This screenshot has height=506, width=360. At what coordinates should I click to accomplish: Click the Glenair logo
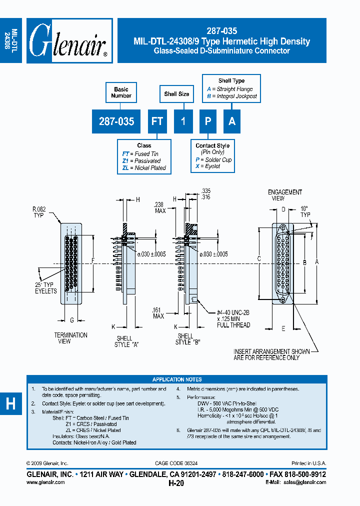(x=69, y=41)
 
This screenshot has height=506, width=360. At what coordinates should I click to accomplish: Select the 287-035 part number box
(x=116, y=121)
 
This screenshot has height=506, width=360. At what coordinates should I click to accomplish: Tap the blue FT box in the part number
(x=157, y=121)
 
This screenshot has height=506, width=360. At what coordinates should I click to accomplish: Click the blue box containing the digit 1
(x=183, y=121)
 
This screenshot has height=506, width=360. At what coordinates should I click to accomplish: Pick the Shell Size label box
(x=176, y=93)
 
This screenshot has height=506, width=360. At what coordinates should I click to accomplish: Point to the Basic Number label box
(x=121, y=92)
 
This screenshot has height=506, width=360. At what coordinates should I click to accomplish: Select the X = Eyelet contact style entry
(x=207, y=166)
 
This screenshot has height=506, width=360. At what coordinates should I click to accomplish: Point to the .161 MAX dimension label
(x=158, y=313)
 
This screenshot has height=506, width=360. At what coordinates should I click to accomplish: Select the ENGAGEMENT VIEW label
(x=284, y=195)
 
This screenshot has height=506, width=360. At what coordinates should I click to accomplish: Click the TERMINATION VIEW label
(x=70, y=338)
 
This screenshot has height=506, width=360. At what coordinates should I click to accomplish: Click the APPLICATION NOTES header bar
(x=177, y=379)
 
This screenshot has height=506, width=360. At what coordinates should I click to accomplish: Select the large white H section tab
(x=10, y=404)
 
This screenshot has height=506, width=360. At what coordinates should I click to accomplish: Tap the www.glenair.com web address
(x=45, y=482)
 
